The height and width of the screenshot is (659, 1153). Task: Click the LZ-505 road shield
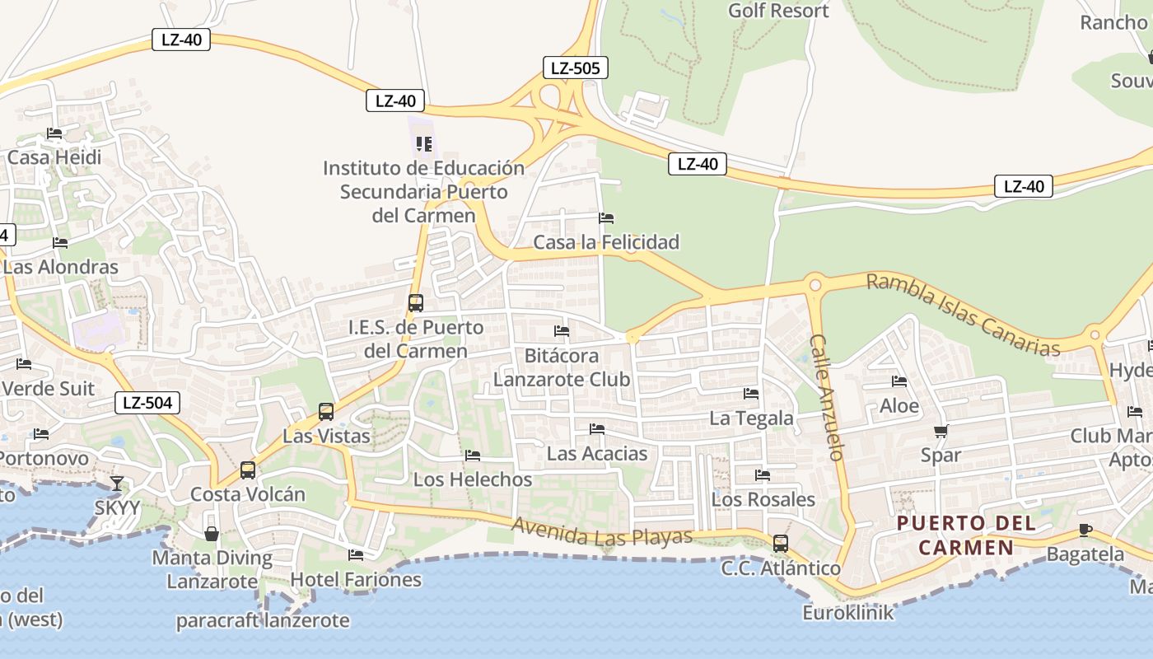click(x=575, y=68)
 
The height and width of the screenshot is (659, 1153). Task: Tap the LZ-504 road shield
click(x=147, y=403)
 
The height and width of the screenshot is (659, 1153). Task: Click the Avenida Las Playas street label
click(x=601, y=531)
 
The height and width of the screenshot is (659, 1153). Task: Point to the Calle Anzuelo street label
click(x=827, y=396)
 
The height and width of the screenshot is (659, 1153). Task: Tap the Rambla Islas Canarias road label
click(x=963, y=315)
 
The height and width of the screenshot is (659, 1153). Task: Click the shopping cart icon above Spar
click(x=941, y=431)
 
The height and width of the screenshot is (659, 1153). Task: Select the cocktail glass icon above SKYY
click(x=117, y=484)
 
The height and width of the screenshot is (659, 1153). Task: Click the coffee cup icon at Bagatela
click(x=1085, y=530)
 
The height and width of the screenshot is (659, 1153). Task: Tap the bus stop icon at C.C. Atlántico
click(x=780, y=544)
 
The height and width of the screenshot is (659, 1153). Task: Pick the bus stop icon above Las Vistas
click(x=326, y=411)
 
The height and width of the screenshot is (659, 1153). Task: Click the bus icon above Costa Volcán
click(x=247, y=470)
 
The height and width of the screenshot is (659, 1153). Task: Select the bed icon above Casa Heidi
click(x=54, y=133)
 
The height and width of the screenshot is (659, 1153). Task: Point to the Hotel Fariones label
click(x=356, y=580)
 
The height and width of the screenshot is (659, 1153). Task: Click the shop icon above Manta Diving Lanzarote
click(x=212, y=534)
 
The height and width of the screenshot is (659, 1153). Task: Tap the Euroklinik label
click(x=848, y=613)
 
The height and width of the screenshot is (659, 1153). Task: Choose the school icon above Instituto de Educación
click(x=424, y=144)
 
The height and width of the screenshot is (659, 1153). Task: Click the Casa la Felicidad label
click(x=606, y=242)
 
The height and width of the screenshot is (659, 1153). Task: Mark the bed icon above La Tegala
click(x=750, y=394)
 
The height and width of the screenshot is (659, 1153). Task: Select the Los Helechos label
click(x=473, y=479)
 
